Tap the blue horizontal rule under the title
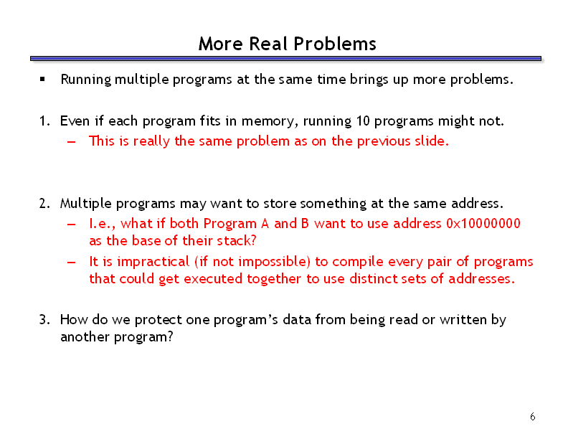click(285, 58)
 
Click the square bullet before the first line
click(42, 79)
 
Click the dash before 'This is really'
click(72, 141)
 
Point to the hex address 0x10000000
click(483, 224)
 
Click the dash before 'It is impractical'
click(72, 263)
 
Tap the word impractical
click(153, 262)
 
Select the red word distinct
click(373, 279)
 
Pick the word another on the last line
click(85, 337)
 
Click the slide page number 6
click(532, 417)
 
